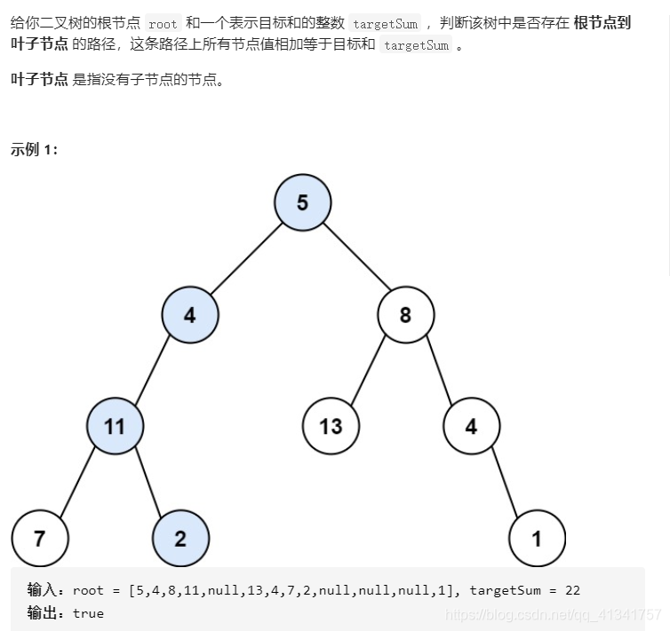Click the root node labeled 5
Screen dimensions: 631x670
pos(302,203)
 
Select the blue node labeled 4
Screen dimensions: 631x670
pos(190,315)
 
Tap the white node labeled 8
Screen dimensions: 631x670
pos(405,315)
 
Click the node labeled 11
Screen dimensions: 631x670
pos(115,427)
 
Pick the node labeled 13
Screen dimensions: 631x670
pos(331,427)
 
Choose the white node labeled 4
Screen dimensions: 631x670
pos(471,427)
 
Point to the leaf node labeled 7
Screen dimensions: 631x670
pos(40,539)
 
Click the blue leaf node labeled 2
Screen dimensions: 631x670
pos(180,539)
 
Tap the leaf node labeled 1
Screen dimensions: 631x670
pos(537,539)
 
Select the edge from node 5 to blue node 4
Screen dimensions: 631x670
pos(246,258)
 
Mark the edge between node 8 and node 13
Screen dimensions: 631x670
pos(368,371)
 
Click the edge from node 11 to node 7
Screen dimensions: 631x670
pos(77,483)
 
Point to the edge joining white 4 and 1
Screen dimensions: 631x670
pos(504,483)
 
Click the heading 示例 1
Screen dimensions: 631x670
pos(34,149)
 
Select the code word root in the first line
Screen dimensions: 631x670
pos(163,24)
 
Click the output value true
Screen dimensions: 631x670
pos(88,613)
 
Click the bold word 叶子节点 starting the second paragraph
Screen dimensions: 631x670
pos(39,80)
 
